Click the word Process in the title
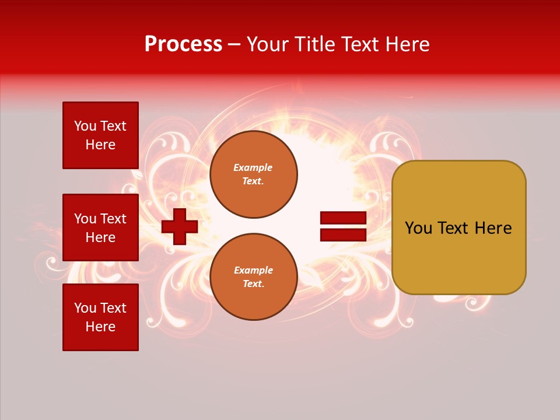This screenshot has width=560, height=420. [x=183, y=44]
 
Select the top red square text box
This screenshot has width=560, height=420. [x=100, y=135]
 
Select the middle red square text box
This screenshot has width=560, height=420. [x=100, y=228]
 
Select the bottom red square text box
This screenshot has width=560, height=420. [x=100, y=317]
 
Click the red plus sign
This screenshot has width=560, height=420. [x=180, y=226]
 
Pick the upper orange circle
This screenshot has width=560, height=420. [x=254, y=174]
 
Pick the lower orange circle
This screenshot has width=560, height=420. [x=254, y=277]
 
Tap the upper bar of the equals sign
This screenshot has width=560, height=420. [x=343, y=218]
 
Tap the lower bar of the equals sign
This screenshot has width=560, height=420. [x=343, y=235]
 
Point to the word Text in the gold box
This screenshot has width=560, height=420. [x=453, y=228]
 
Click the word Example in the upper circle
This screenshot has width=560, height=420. [x=253, y=167]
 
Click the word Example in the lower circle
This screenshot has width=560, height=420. [x=253, y=270]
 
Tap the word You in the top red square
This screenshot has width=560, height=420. [x=85, y=126]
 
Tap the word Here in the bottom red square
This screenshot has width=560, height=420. [x=100, y=327]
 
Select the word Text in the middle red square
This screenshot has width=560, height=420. [x=113, y=219]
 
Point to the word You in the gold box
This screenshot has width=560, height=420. [x=418, y=228]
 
